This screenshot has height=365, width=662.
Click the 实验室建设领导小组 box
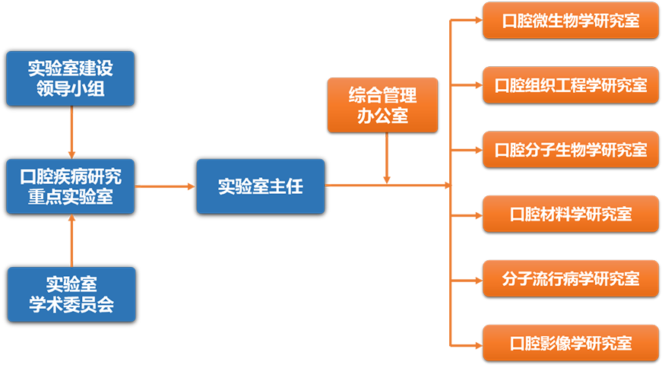(70, 78)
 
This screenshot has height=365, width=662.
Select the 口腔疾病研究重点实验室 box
(70, 186)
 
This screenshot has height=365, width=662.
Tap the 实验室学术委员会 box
(71, 294)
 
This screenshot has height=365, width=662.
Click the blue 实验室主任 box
(260, 186)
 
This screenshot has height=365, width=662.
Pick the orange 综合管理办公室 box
(382, 105)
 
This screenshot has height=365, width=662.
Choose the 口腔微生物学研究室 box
(571, 21)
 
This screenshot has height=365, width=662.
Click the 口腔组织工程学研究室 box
(571, 85)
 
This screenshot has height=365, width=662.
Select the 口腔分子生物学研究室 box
(571, 149)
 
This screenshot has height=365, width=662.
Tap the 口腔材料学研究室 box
(571, 214)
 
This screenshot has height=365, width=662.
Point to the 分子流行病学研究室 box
(571, 278)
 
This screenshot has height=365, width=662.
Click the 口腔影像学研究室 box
(571, 342)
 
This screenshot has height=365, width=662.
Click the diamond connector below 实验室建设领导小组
(71, 132)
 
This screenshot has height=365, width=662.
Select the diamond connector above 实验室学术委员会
(71, 240)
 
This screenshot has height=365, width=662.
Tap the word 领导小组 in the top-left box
(70, 89)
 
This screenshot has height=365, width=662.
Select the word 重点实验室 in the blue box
(70, 197)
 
